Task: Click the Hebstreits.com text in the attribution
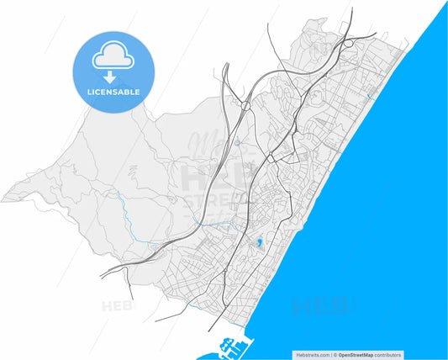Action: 312,355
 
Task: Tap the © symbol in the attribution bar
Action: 334,355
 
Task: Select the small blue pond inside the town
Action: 260,244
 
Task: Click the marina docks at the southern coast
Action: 235,345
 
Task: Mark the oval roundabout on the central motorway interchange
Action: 245,107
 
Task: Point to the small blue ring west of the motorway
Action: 239,143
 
